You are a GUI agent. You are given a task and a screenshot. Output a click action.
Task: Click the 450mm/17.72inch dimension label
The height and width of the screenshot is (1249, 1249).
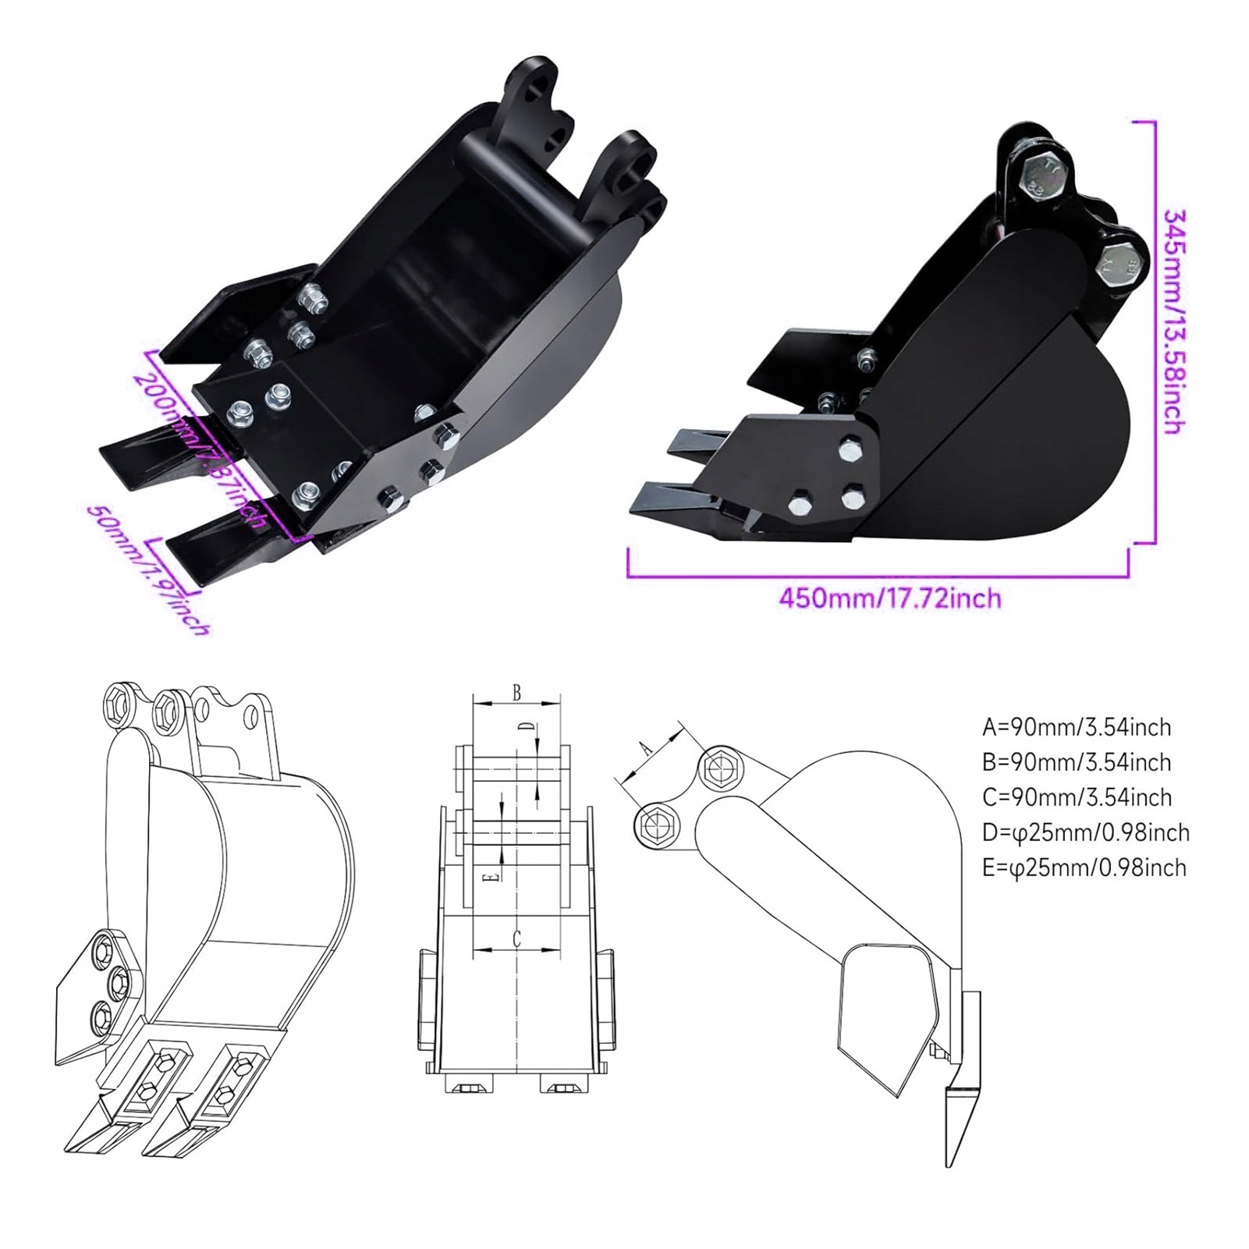pos(890,598)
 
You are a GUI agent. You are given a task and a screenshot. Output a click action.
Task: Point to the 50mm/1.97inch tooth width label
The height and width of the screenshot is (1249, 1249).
pos(149,570)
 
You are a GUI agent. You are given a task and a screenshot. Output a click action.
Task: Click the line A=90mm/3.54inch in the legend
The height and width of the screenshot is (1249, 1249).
pos(1077,727)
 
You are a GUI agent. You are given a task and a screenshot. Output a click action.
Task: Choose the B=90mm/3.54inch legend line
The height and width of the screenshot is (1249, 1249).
pos(1077,762)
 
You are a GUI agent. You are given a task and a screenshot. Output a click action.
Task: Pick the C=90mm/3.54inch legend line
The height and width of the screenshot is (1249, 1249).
pos(1077,797)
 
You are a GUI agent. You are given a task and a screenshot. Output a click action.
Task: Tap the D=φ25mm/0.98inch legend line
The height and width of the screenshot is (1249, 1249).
pos(1085,832)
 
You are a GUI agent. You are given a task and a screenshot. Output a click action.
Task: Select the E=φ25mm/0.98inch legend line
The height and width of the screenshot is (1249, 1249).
pos(1084,868)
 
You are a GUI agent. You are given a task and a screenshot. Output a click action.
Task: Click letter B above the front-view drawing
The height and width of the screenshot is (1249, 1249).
pos(516,693)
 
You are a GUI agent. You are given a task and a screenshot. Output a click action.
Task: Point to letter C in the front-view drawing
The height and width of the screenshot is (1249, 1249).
pos(516,939)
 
